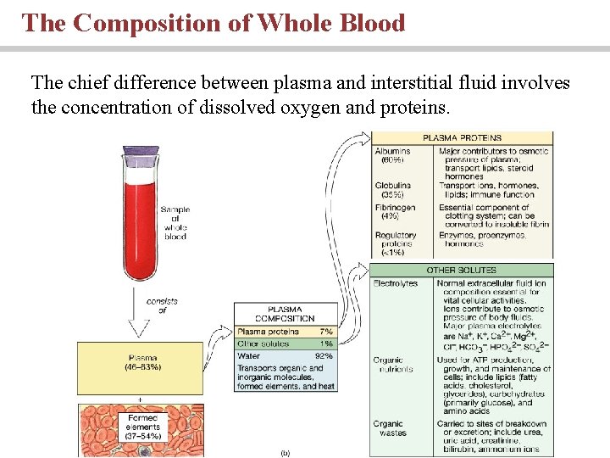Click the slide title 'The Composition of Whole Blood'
(x=213, y=23)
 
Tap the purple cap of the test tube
(x=141, y=156)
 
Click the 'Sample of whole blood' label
(x=175, y=222)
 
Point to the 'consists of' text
(x=161, y=304)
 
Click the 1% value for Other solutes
(x=325, y=344)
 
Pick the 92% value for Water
(x=324, y=356)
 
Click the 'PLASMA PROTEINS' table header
(x=462, y=137)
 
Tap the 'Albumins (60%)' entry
(x=392, y=155)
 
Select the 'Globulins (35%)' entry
(x=393, y=190)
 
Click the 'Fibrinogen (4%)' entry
(x=395, y=212)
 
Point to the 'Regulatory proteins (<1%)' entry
(x=396, y=243)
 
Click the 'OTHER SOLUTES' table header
(x=462, y=270)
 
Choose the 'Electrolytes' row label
(x=396, y=283)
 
